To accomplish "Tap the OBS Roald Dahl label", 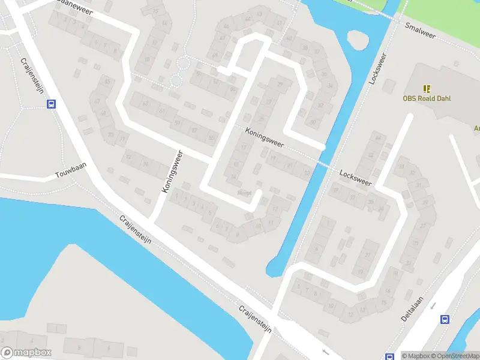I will (x=427, y=98).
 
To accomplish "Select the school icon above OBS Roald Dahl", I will (x=427, y=88).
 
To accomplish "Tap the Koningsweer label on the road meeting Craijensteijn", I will (x=172, y=172).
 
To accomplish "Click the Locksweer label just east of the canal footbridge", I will (x=355, y=177).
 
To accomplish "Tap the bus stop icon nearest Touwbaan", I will (x=52, y=104).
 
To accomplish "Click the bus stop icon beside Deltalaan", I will (x=445, y=320).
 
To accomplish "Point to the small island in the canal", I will (x=358, y=40).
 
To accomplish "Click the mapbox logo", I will (x=26, y=353).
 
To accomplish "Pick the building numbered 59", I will (x=177, y=123).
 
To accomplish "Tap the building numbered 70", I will (x=110, y=135).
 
